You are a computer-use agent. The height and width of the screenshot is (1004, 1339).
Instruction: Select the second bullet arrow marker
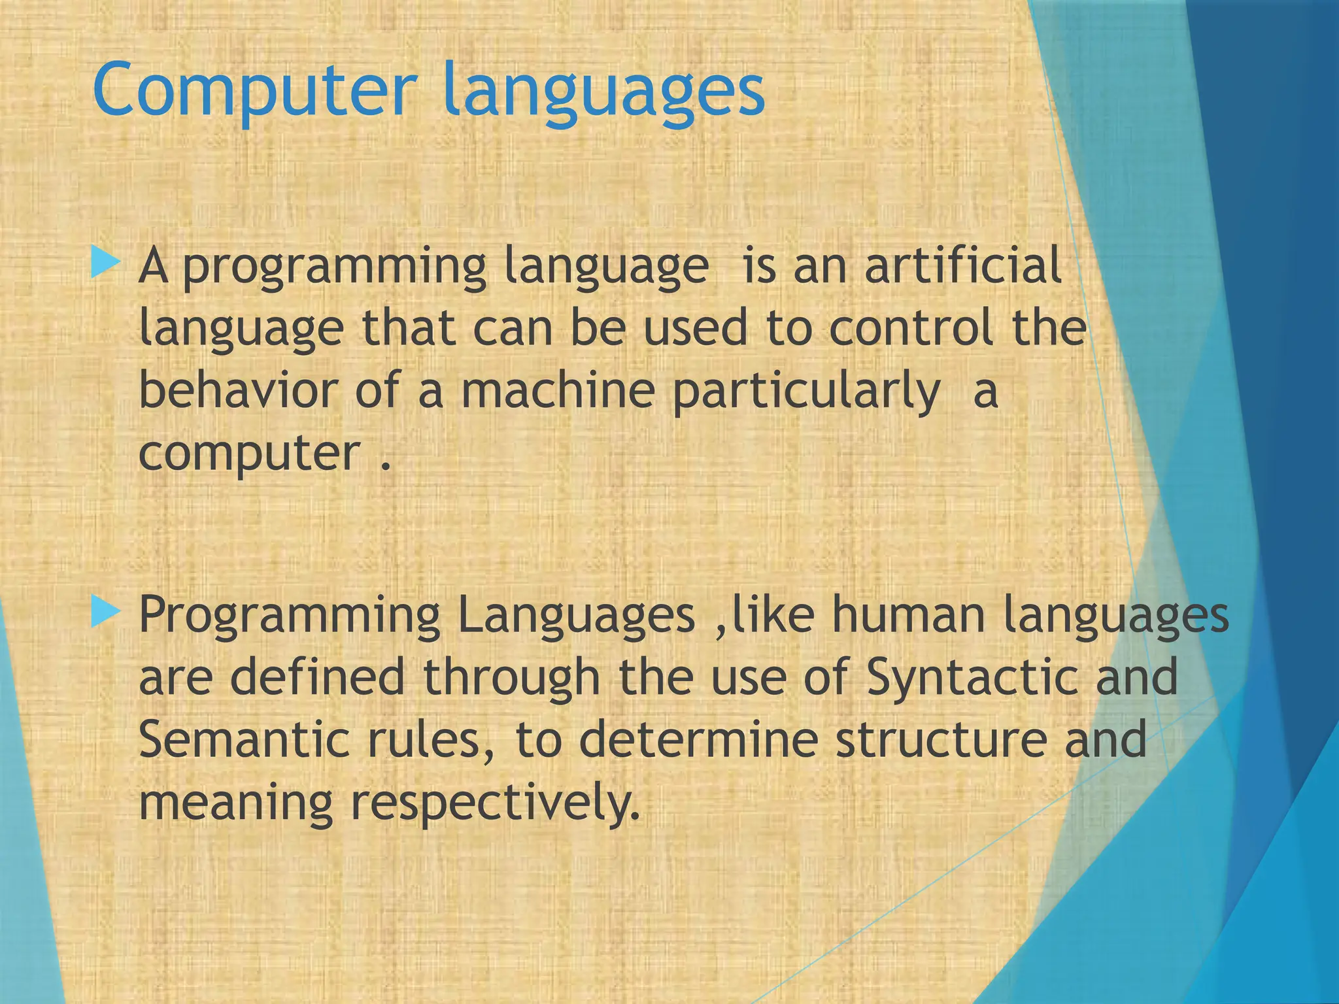click(x=105, y=612)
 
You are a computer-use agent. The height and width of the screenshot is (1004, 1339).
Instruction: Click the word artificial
click(x=962, y=265)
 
